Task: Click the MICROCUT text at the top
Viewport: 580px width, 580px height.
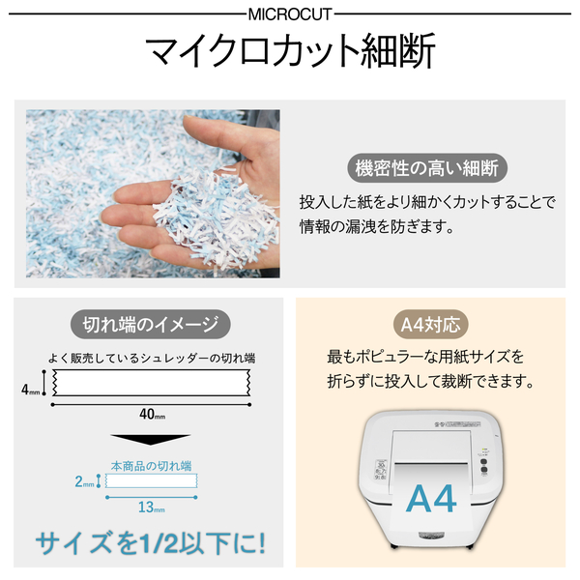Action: click(290, 14)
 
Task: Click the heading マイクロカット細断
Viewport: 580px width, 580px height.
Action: click(290, 50)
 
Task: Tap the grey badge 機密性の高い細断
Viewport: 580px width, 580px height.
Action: click(427, 168)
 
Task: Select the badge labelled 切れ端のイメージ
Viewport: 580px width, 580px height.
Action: click(150, 325)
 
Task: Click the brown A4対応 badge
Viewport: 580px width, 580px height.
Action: click(430, 325)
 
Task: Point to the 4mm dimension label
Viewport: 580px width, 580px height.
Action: click(30, 390)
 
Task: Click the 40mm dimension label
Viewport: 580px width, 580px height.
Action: click(152, 415)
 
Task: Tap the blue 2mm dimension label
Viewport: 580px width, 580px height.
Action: click(84, 481)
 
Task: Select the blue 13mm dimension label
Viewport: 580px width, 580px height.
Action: click(152, 507)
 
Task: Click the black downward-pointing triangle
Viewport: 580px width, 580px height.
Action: click(150, 440)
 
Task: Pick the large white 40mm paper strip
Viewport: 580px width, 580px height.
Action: click(152, 383)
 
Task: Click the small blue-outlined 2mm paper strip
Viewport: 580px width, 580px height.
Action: click(152, 480)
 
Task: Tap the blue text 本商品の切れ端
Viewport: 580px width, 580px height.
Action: click(152, 466)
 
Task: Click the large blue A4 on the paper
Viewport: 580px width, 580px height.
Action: click(431, 498)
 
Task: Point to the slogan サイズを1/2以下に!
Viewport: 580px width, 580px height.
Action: click(150, 543)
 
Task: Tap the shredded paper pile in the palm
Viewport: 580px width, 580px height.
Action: click(217, 218)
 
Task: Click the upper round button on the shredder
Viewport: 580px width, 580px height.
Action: click(483, 462)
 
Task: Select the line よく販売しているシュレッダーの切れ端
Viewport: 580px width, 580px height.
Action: click(152, 358)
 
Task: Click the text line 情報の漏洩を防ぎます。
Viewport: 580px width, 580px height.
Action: click(377, 227)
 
